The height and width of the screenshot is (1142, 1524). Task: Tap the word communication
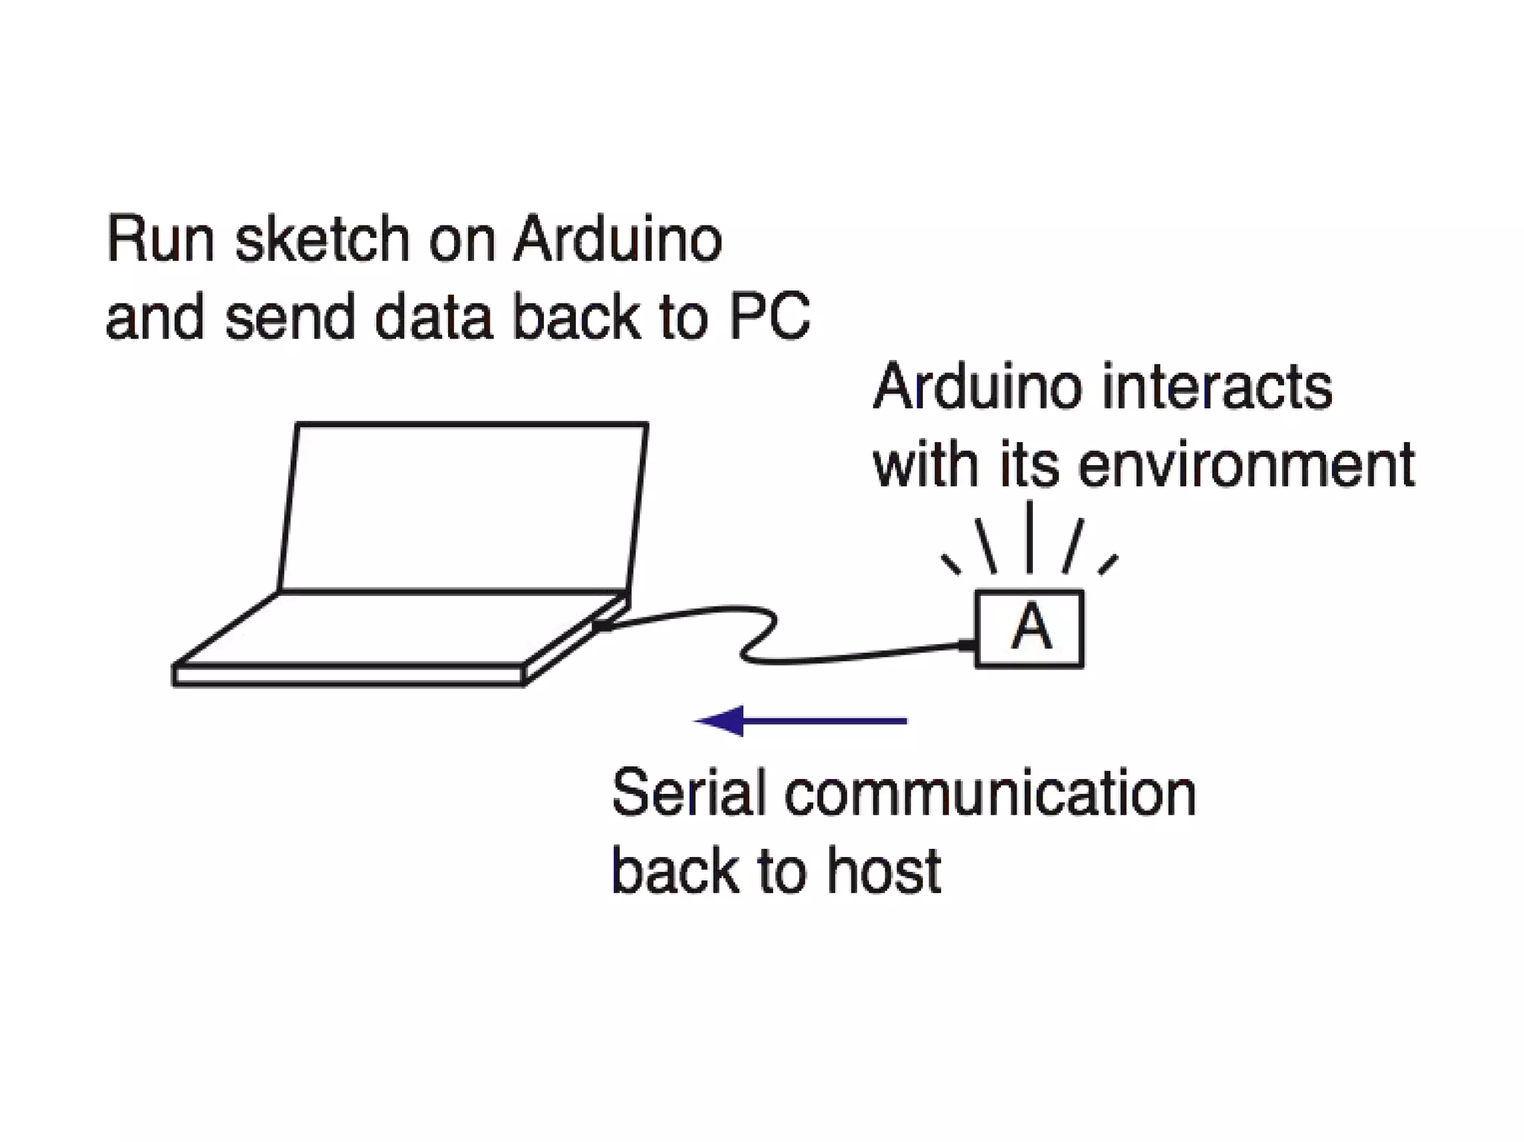point(990,793)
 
